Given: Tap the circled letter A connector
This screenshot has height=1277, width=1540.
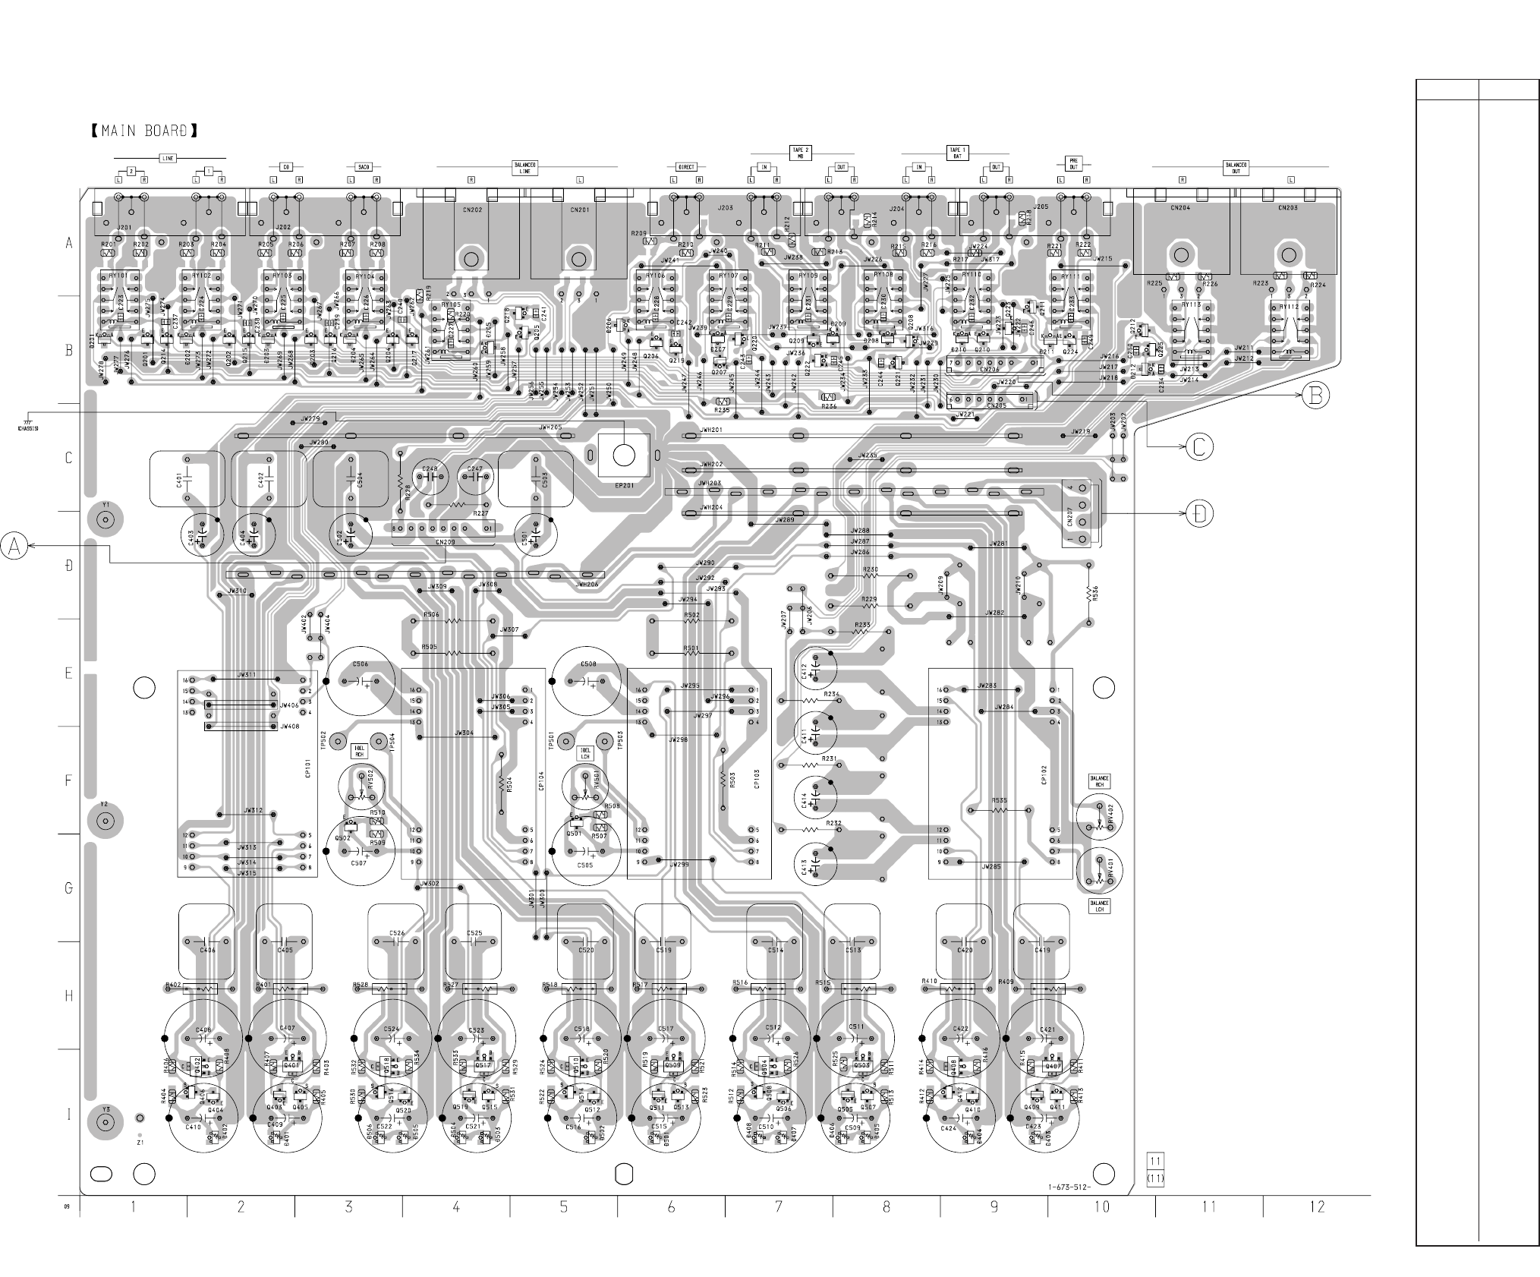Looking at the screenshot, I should coord(14,546).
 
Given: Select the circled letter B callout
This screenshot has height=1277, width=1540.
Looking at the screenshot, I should coord(1316,394).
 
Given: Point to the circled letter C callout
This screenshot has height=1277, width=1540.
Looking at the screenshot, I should coord(1199,447).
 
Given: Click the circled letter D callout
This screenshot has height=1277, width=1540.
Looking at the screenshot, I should coord(1199,514).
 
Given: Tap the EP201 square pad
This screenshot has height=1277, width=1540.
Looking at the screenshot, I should coord(623,455).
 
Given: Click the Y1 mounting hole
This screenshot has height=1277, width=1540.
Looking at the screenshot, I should coord(106,520).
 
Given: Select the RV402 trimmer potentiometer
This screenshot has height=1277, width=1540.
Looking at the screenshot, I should coord(1098,821).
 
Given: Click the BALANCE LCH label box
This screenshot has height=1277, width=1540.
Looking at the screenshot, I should coord(1099,906).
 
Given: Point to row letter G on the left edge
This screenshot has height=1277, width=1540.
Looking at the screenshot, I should coord(68,888).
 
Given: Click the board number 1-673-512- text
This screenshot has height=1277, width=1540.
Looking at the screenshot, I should coord(1066,1187).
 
